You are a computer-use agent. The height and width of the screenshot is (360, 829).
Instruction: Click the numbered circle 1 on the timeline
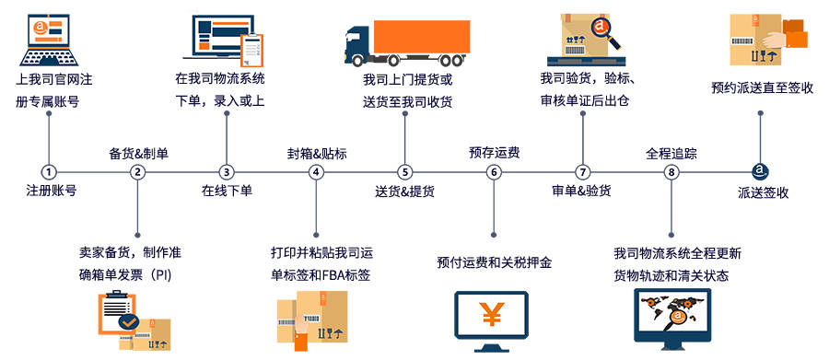click(x=48, y=172)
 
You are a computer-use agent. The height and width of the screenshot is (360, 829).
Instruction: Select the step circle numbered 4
click(x=316, y=172)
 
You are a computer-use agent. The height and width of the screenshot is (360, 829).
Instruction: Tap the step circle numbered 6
click(x=494, y=172)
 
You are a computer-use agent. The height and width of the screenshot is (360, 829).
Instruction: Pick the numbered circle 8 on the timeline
click(x=671, y=172)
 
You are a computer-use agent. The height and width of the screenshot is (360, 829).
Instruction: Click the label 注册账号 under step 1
click(x=51, y=192)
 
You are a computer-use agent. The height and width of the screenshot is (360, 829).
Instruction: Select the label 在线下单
click(x=227, y=192)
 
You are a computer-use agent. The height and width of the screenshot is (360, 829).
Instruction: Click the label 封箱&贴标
click(x=316, y=153)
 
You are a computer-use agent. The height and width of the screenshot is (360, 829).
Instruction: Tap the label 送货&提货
click(x=405, y=192)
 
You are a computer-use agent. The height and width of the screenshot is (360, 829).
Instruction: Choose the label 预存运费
click(x=494, y=153)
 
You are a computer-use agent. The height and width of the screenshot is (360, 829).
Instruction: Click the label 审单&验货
click(x=581, y=192)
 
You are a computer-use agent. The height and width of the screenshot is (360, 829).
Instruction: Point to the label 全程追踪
click(x=671, y=153)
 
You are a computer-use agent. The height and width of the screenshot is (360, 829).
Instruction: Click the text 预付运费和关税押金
click(x=494, y=263)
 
